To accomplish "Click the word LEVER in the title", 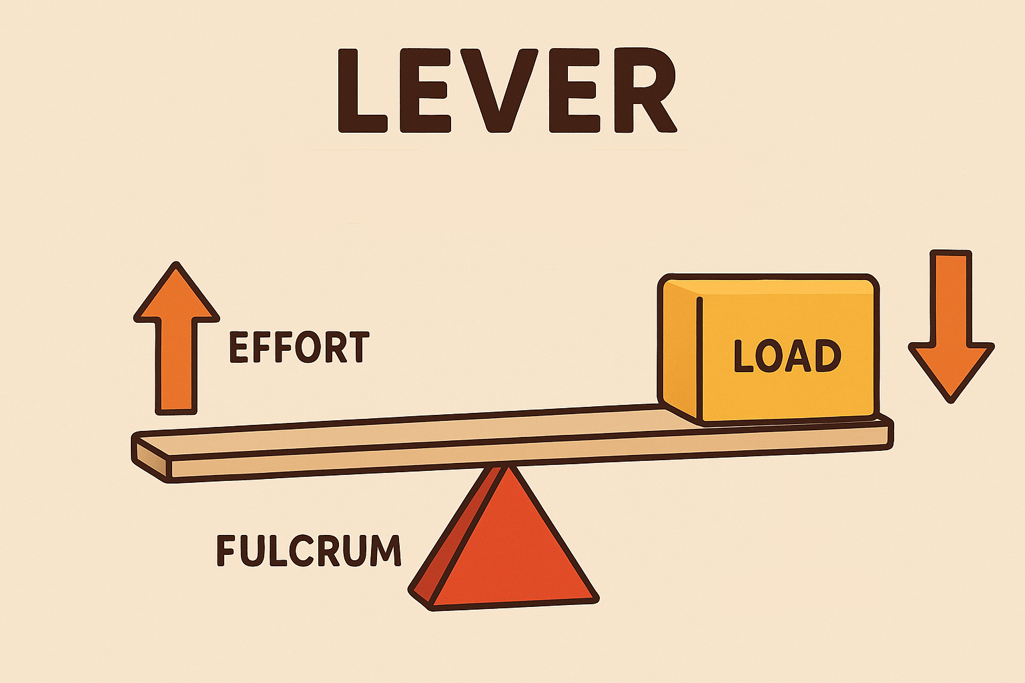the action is tap(507, 91).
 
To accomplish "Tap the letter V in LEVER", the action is tap(498, 91).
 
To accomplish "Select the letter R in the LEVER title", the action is tap(645, 91).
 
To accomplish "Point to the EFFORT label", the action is tap(299, 348).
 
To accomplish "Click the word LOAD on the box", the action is tap(787, 356).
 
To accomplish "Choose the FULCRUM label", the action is tap(309, 550).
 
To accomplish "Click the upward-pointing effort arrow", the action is tap(176, 339).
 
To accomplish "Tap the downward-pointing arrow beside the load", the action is tap(951, 326).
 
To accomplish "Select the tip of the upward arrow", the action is tap(176, 263).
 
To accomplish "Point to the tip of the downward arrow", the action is tap(951, 402).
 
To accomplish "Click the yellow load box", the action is tap(769, 350).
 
